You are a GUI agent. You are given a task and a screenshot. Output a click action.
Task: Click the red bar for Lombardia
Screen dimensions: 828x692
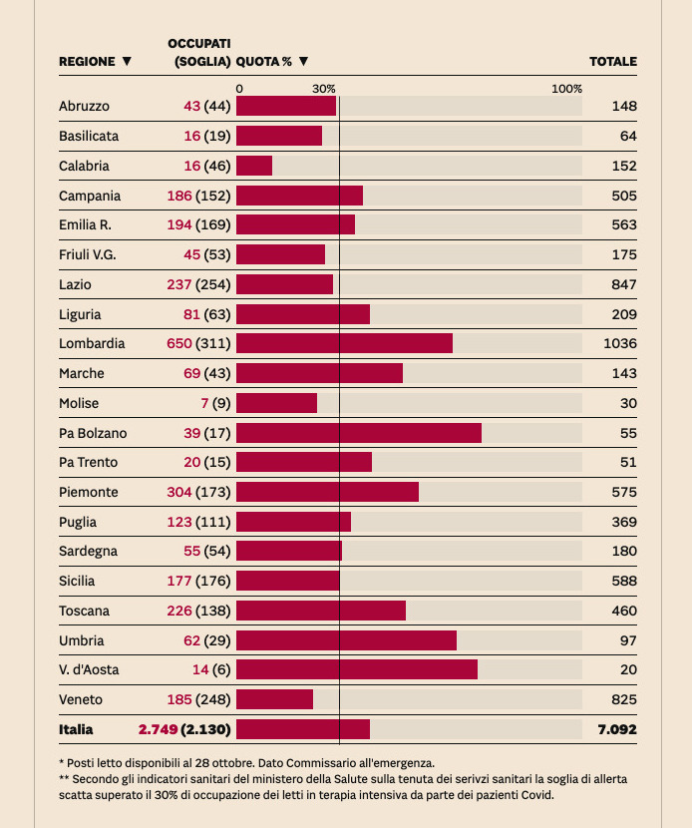344,343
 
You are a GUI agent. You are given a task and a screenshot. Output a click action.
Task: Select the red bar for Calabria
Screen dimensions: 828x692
254,166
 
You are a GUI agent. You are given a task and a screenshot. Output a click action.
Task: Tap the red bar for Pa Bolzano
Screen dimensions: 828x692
359,433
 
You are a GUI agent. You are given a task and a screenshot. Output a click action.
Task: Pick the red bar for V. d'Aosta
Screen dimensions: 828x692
357,669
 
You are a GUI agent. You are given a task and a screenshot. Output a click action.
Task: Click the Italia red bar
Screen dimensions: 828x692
303,729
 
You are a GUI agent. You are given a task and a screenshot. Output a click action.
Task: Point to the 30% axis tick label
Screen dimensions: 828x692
324,89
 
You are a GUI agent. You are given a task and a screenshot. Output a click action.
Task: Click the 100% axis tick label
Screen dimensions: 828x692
566,89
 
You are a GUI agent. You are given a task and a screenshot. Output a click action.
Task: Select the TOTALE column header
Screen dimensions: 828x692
613,62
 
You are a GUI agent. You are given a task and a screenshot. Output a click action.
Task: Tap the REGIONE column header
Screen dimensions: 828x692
87,62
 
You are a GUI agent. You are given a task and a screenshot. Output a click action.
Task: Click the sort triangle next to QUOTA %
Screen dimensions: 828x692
303,62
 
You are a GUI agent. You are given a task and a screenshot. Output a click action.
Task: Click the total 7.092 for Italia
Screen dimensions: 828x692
617,729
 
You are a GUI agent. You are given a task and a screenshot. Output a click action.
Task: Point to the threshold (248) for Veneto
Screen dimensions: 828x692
213,699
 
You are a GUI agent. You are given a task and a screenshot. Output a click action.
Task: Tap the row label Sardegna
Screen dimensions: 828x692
88,551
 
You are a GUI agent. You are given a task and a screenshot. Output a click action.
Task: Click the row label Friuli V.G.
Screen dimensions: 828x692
88,254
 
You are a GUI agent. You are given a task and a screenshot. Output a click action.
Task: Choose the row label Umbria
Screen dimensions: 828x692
81,640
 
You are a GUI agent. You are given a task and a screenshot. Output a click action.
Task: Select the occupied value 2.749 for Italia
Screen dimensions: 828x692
158,729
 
